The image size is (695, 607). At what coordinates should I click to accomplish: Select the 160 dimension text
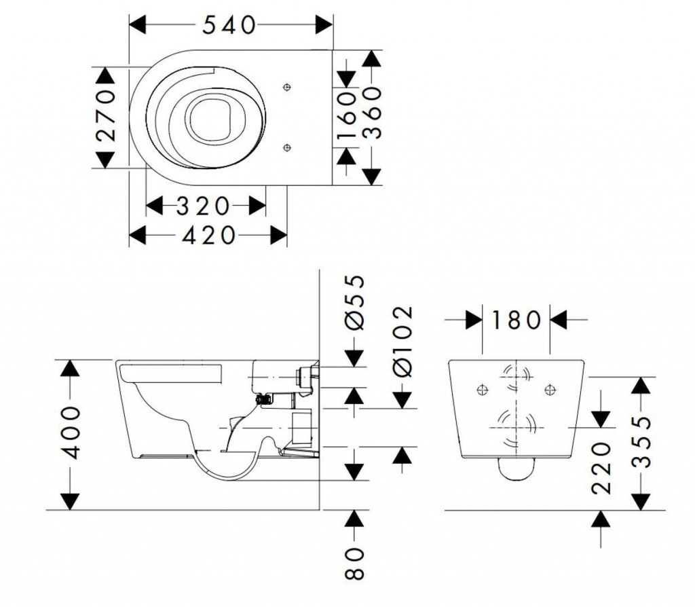pyautogui.click(x=349, y=117)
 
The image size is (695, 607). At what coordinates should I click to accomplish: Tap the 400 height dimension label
pyautogui.click(x=70, y=433)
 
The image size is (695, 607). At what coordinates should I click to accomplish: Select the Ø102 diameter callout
pyautogui.click(x=402, y=340)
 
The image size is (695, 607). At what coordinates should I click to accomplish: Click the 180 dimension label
pyautogui.click(x=515, y=319)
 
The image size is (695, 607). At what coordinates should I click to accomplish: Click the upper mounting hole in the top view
pyautogui.click(x=286, y=87)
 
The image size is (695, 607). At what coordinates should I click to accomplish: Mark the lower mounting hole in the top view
pyautogui.click(x=286, y=147)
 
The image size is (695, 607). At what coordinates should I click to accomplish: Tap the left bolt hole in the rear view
pyautogui.click(x=483, y=389)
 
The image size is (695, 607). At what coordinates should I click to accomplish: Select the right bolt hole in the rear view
pyautogui.click(x=550, y=389)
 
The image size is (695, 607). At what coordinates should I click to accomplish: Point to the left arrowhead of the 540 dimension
pyautogui.click(x=137, y=25)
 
